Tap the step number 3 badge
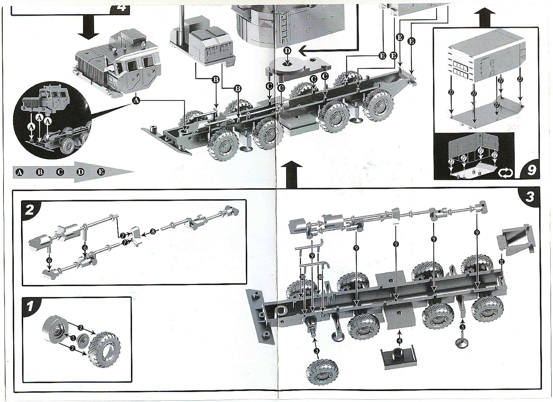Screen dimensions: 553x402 point(529,197)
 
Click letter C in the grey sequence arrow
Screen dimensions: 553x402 point(60,172)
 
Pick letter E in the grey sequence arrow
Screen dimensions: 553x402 point(101,172)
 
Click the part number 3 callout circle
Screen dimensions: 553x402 point(317,351)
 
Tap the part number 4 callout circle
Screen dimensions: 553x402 point(400,340)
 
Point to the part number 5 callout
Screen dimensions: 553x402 point(463,326)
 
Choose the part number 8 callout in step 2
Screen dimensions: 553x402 point(153,232)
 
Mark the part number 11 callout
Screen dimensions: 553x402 point(502,262)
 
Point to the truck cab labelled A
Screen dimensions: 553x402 point(118,66)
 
